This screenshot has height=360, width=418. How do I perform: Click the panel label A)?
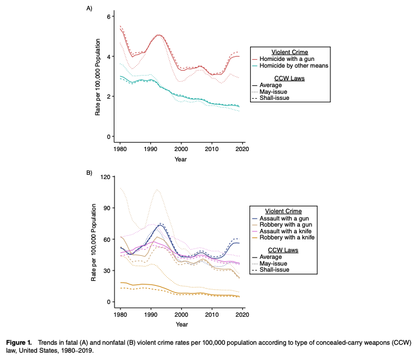89,8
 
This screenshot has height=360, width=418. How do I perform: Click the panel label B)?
89,173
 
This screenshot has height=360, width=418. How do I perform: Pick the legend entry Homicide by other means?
294,65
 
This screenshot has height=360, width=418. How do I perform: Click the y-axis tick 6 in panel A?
108,16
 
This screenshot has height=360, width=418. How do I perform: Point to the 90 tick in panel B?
107,208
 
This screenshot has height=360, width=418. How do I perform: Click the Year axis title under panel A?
181,159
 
